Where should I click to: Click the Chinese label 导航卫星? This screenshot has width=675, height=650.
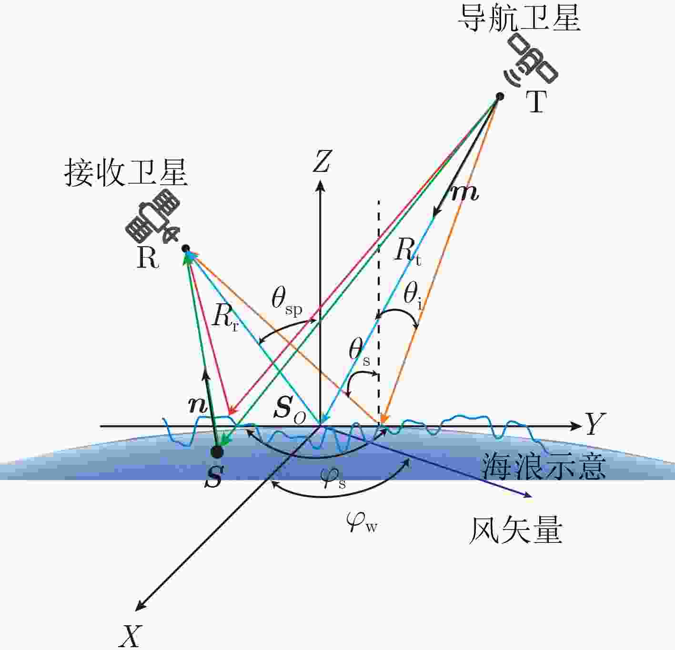519,19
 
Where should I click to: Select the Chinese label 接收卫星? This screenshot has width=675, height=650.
126,173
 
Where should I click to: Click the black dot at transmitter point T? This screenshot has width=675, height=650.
500,96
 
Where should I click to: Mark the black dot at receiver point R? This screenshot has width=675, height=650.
186,248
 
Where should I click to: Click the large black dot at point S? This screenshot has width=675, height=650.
217,452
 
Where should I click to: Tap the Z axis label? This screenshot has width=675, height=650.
322,161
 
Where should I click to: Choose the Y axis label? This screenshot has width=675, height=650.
594,424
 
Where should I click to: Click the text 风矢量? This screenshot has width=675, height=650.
515,531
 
